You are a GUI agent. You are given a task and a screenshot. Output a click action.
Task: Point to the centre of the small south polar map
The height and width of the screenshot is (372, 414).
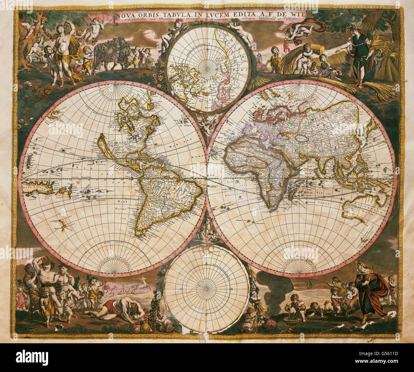206,285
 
